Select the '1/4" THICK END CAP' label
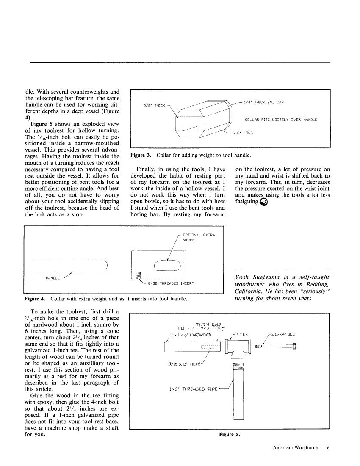pos(263,102)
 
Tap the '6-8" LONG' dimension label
pos(242,133)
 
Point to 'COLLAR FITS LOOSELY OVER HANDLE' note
pos(281,119)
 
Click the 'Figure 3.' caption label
pos(142,155)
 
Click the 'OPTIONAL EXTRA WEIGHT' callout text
pos(199,237)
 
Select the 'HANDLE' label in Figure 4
pos(53,278)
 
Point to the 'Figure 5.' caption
pos(230,434)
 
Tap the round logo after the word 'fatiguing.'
pos(264,202)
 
